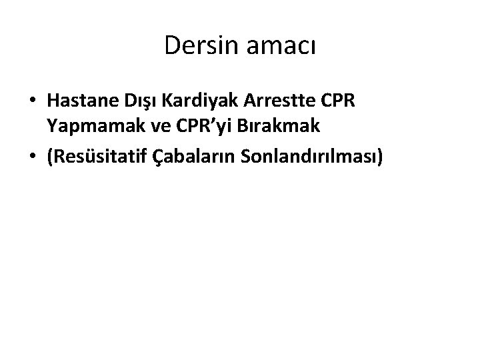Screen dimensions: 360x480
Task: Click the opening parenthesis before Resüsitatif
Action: (50, 156)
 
